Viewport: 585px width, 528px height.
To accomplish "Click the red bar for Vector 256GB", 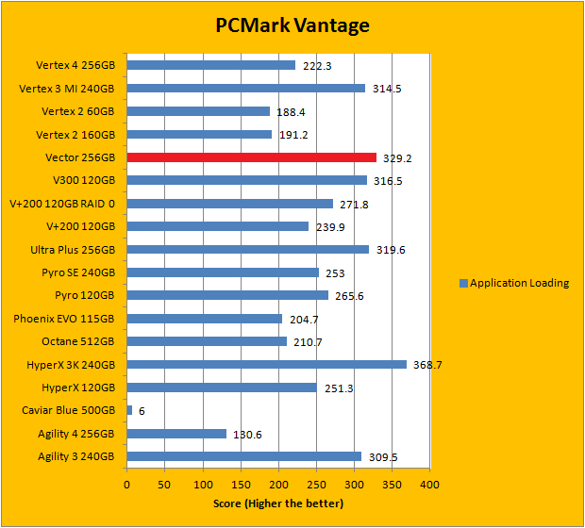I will (x=251, y=157).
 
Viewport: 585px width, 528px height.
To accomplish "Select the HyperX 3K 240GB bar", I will (x=266, y=364).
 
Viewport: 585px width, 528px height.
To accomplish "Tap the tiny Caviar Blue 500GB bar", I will (x=129, y=410).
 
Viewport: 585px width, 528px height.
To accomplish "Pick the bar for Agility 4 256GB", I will (x=176, y=433).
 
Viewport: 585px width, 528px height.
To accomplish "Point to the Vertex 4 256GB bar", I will (x=210, y=65).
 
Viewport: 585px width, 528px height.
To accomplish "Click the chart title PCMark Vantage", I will (x=291, y=25).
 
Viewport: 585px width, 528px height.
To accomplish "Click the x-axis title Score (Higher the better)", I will (x=277, y=503).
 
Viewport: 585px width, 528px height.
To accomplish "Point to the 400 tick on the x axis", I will (x=429, y=486).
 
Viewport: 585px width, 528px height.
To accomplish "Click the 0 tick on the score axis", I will (x=127, y=486).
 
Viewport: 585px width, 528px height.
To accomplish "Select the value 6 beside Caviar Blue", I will (x=142, y=411).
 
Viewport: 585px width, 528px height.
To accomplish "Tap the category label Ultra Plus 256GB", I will (x=73, y=250).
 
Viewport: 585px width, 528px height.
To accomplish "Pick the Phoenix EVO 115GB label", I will (x=64, y=319).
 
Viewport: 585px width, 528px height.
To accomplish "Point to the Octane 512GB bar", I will (x=207, y=341).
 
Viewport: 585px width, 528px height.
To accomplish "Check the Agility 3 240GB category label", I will (x=69, y=456).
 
